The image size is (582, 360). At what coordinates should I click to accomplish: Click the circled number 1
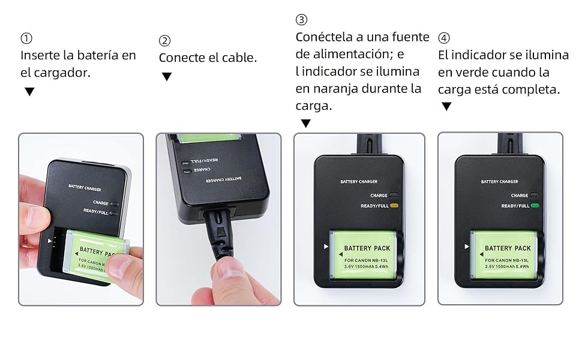pos(26,38)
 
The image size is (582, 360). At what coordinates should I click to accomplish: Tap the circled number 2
pos(165,40)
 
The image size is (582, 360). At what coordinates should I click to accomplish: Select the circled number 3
pos(301,19)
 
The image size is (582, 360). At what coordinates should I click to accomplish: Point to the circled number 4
pos(444,38)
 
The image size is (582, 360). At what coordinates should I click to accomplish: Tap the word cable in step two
pos(239,58)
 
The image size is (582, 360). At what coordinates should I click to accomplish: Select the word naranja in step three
pos(335,89)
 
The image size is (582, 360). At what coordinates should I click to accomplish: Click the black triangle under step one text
pos(29,91)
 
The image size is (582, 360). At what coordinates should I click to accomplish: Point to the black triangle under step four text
pos(446,107)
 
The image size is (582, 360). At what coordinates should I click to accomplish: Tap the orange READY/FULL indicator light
pos(394,205)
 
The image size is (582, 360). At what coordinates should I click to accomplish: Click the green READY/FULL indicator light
pos(535,205)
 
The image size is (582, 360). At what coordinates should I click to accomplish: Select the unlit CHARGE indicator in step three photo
pos(394,195)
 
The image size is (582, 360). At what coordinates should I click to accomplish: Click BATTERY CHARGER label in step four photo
pos(500,181)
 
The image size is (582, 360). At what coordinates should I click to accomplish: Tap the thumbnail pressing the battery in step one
pos(119,266)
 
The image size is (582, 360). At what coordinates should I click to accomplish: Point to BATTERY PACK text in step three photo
pos(367,248)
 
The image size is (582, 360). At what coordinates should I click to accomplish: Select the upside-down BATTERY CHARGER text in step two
pos(223,179)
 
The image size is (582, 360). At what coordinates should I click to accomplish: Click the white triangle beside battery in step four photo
pos(467,246)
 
